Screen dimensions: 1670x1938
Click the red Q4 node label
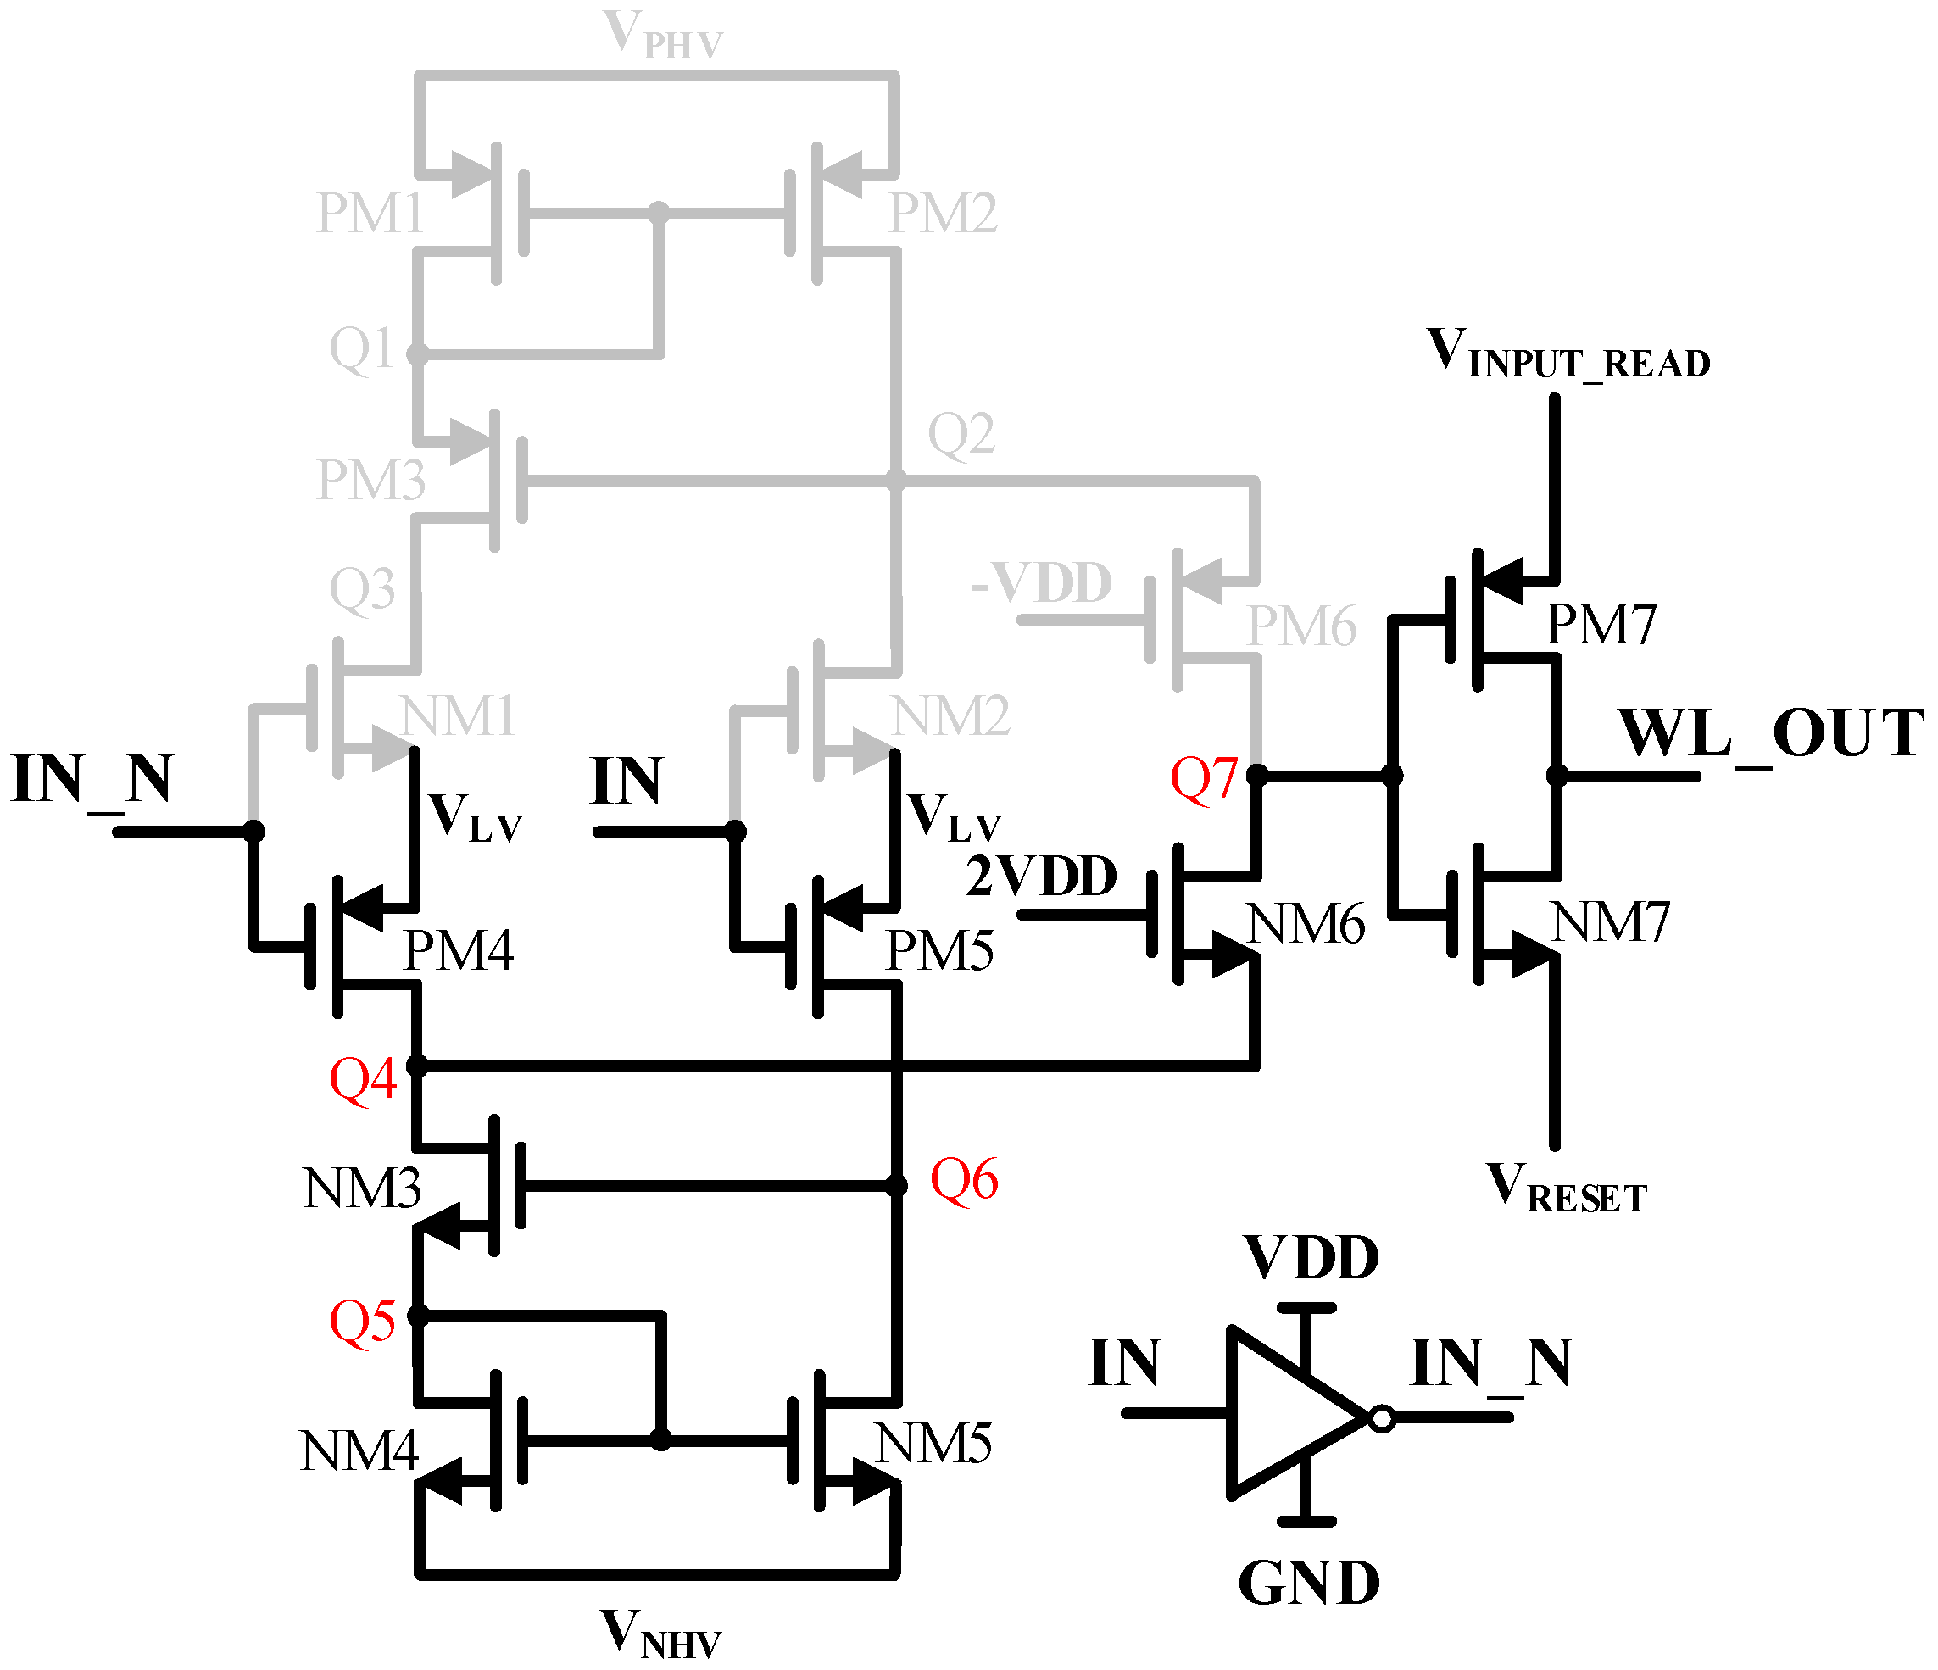click(x=363, y=1079)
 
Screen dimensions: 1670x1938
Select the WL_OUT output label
click(x=1771, y=734)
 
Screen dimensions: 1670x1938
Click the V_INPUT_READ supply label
click(x=1568, y=354)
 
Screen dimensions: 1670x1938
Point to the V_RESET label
click(x=1566, y=1188)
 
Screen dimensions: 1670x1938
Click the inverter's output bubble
click(x=1382, y=1418)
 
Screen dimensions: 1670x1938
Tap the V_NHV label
click(x=660, y=1634)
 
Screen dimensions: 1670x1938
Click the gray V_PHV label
click(x=663, y=36)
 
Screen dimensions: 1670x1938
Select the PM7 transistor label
click(x=1601, y=625)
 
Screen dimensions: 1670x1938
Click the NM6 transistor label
click(x=1306, y=925)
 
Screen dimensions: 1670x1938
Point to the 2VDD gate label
click(x=1041, y=877)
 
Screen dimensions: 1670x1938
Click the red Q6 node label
click(x=963, y=1179)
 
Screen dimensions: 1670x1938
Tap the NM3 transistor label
click(x=362, y=1189)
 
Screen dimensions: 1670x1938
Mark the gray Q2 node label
click(x=961, y=434)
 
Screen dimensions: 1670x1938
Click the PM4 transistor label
click(x=458, y=951)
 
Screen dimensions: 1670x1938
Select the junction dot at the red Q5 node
click(x=418, y=1317)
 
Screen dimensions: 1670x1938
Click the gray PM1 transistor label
click(x=370, y=213)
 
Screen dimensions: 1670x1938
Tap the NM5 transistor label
click(x=933, y=1443)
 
